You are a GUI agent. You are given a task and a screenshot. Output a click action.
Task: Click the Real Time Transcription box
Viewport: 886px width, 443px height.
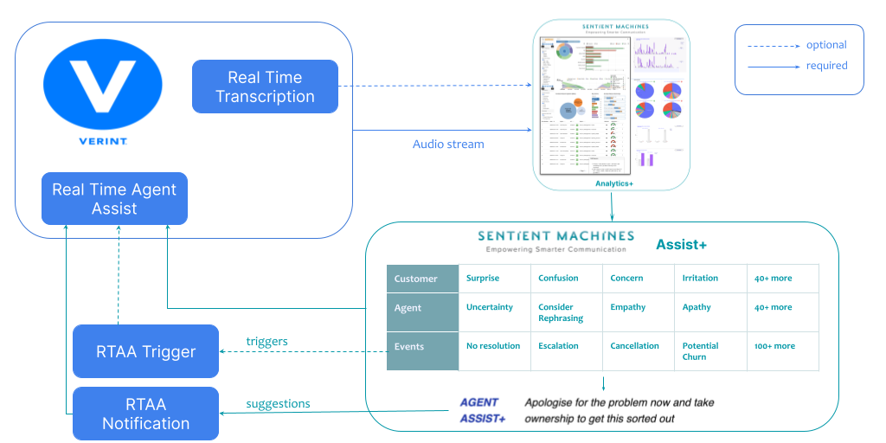(265, 87)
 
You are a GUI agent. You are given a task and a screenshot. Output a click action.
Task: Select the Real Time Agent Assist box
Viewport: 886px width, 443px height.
(114, 199)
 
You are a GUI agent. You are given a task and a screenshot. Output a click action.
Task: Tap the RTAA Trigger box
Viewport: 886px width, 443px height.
(146, 351)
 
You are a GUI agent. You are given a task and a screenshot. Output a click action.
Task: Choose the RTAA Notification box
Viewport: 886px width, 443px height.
(146, 414)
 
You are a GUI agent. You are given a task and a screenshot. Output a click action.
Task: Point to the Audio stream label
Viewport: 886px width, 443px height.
(448, 144)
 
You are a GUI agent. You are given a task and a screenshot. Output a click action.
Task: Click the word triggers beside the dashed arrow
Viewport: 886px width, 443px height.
(266, 342)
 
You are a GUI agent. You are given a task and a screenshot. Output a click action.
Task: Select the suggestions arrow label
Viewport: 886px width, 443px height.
(278, 404)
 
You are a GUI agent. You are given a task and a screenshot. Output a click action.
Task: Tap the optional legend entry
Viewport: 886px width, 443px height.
(826, 45)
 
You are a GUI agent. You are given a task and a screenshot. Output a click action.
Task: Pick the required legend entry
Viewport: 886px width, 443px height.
(826, 66)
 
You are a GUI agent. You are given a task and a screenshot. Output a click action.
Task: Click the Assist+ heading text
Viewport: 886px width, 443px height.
(681, 245)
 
